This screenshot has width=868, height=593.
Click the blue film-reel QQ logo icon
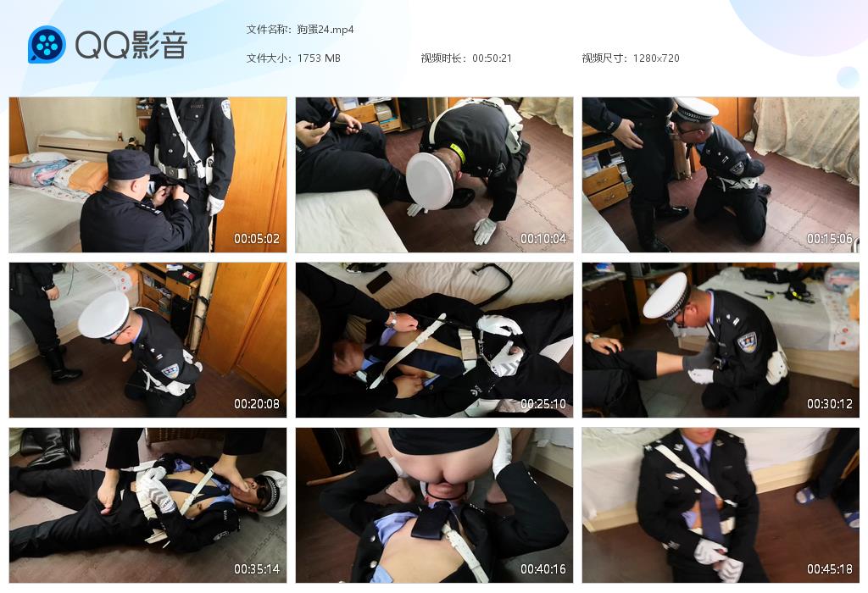pos(47,44)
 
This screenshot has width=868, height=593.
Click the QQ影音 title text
pos(131,45)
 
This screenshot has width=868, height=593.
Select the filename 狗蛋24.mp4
pos(325,30)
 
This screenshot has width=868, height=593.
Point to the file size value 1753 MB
pos(319,58)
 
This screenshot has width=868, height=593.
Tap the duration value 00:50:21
pos(492,58)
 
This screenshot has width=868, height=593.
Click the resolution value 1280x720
pos(656,58)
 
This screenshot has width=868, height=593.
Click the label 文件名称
pos(266,30)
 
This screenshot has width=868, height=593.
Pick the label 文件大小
pos(266,58)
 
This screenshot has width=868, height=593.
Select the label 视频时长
pos(441,58)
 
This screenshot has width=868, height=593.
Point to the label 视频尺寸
pos(603,58)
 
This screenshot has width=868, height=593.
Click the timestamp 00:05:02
pos(256,239)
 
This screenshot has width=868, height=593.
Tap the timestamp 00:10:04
pos(543,239)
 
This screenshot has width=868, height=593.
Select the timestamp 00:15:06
pos(829,239)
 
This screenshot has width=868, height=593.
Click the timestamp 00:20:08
pos(256,404)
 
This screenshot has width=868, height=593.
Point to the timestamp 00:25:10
pos(543,404)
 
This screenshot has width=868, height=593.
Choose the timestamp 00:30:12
pos(829,404)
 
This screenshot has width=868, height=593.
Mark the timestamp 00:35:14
pos(256,568)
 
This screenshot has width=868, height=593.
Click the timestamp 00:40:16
pos(543,568)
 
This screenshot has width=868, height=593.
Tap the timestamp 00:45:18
pos(829,568)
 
